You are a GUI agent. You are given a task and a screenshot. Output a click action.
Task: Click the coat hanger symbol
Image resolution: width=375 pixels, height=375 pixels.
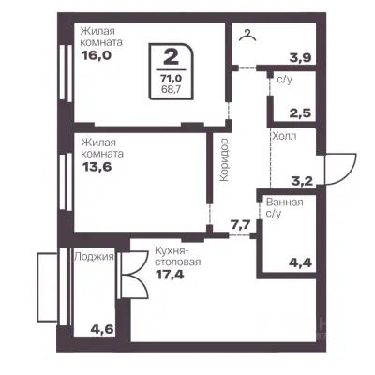click(247, 36)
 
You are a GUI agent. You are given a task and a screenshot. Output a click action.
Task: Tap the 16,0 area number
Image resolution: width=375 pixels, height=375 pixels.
click(97, 55)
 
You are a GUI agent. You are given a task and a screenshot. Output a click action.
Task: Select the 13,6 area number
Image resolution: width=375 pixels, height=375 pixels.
click(97, 167)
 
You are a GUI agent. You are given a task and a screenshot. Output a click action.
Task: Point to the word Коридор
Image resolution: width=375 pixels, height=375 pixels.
click(224, 160)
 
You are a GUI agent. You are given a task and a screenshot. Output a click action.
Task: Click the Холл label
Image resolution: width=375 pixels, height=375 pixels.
click(284, 136)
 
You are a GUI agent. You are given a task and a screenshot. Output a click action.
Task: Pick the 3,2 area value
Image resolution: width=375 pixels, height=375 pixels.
click(302, 181)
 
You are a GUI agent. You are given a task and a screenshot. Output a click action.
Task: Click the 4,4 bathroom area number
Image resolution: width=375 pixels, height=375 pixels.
click(301, 262)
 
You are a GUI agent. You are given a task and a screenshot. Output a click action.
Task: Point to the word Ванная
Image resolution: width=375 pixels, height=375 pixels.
click(284, 202)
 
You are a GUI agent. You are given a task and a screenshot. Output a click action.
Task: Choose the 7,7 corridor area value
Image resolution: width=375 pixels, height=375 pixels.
click(241, 225)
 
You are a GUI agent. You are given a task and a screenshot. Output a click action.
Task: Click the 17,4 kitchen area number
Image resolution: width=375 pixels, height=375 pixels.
click(170, 275)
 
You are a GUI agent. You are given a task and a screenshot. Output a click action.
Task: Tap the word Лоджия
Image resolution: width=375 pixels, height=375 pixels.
click(94, 257)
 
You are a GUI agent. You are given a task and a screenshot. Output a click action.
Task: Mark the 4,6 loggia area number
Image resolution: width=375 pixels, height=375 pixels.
click(102, 329)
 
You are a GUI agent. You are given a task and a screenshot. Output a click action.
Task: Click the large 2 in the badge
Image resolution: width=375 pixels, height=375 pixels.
click(171, 57)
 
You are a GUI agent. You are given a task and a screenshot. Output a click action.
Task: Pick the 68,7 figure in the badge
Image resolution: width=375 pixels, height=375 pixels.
click(172, 89)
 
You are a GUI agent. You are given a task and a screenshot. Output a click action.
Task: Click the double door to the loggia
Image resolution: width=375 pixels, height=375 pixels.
click(134, 275)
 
